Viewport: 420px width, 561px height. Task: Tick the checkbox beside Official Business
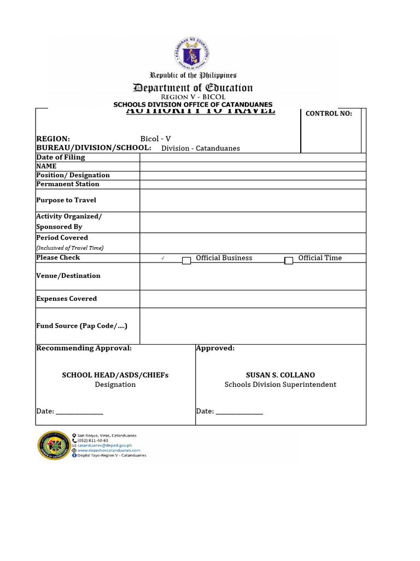point(186,261)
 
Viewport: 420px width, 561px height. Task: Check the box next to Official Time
point(289,261)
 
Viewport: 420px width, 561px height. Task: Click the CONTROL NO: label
point(329,114)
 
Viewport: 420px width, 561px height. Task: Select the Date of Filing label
point(61,157)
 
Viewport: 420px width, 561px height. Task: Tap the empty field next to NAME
point(253,166)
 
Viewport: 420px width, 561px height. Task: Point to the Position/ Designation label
point(73,175)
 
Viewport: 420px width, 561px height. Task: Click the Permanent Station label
point(68,184)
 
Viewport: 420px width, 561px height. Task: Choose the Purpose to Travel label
point(66,201)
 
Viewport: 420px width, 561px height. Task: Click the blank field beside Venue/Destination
point(253,276)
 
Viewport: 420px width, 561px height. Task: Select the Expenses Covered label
point(67,299)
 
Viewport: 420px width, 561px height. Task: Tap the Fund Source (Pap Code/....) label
point(81,326)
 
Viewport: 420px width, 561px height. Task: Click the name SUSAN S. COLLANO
point(280,375)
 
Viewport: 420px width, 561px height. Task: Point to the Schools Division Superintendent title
point(280,385)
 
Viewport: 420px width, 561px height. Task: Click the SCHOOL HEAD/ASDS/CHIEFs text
point(115,375)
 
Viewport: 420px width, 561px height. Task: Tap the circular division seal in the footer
point(53,445)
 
